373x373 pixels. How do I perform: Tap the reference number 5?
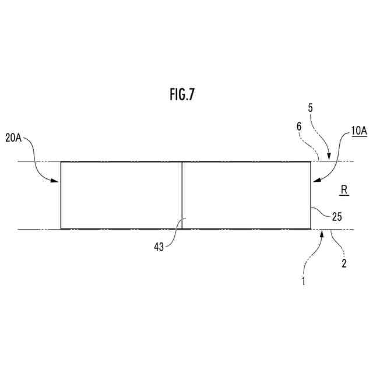[311, 108]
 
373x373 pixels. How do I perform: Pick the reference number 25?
[336, 217]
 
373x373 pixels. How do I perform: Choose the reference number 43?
[158, 247]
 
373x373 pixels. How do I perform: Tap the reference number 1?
[303, 281]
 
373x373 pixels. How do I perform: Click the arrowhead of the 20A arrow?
[58, 181]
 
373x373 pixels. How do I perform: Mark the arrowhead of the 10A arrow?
[313, 181]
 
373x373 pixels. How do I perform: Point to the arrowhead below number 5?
[329, 158]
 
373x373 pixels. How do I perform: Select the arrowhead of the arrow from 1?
[322, 233]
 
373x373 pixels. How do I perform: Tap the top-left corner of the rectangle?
[61, 161]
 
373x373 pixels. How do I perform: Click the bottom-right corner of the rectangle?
[310, 229]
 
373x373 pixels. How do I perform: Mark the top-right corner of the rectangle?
[310, 161]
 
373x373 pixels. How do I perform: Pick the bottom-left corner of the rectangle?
[61, 229]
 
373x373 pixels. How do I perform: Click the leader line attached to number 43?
[174, 234]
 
